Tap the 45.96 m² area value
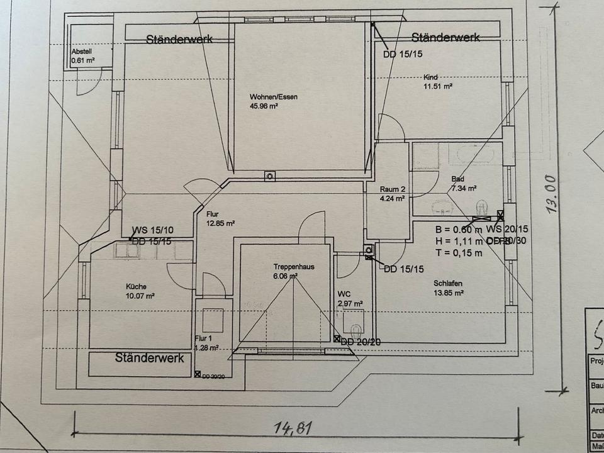pos(264,106)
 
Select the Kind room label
pos(431,77)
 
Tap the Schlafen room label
pos(448,283)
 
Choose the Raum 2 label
pos(392,189)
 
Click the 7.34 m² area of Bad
pos(463,188)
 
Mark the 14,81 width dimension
pos(293,430)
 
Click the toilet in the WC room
pos(356,330)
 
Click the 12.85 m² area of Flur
pos(220,223)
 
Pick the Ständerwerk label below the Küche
pos(150,357)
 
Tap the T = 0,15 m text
pos(459,253)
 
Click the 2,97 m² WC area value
pos(350,303)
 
